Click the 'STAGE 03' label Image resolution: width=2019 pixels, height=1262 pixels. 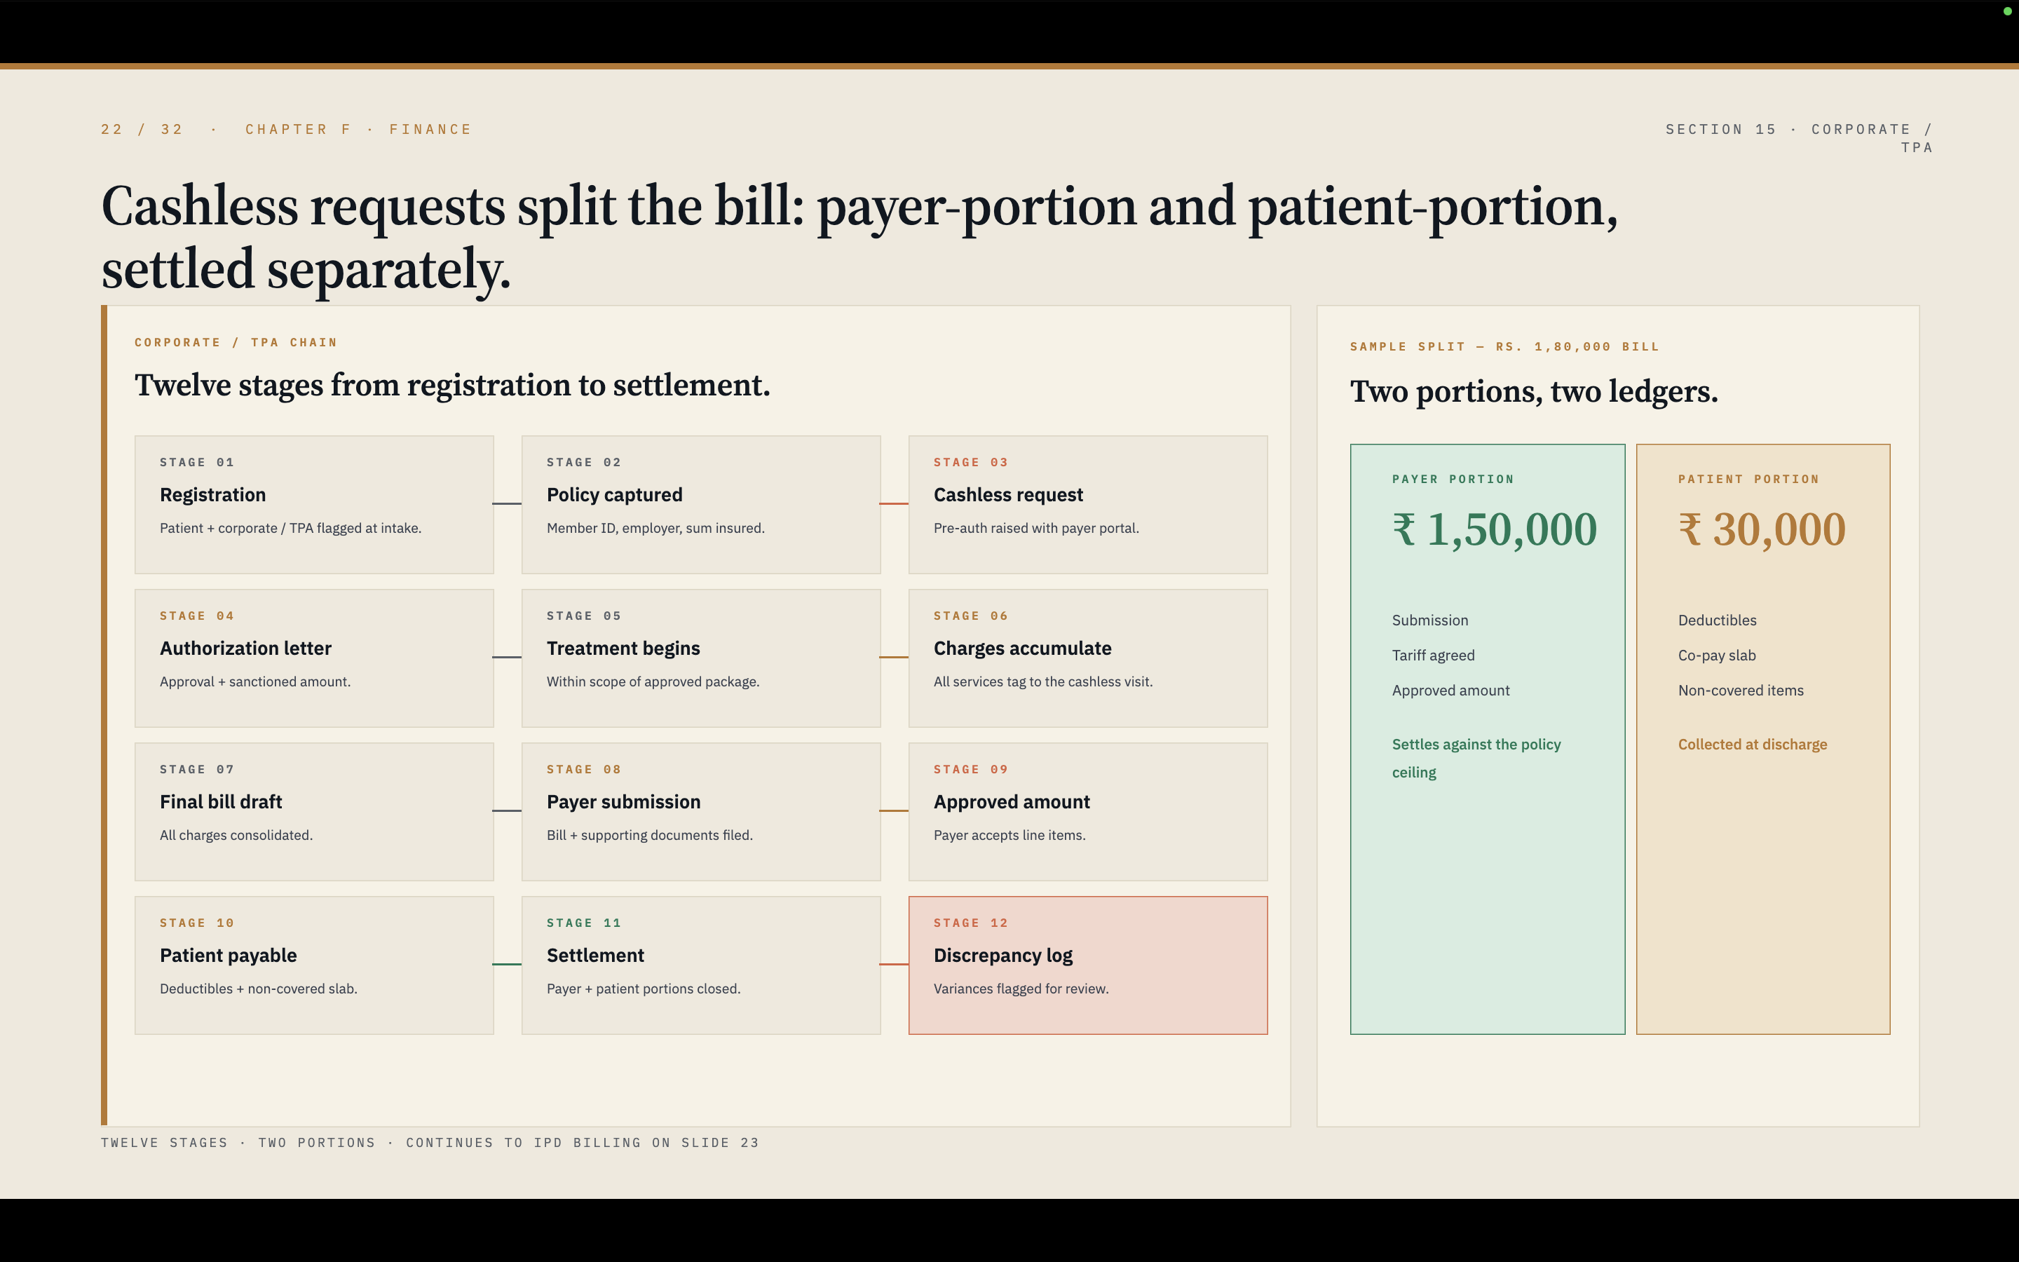[970, 463]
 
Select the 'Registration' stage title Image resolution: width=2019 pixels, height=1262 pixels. [212, 495]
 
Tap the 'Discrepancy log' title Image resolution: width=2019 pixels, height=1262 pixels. [1002, 956]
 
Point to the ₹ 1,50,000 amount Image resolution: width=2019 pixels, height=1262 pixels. [1494, 530]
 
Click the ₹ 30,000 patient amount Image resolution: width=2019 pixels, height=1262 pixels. [1762, 530]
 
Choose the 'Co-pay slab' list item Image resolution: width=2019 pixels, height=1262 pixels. [1717, 656]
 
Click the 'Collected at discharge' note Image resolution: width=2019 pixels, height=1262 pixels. [1752, 745]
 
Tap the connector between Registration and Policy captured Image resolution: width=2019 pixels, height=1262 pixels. [508, 503]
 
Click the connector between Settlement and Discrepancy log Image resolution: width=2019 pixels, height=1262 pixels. [895, 964]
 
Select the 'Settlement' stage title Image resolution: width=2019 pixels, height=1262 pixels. [596, 956]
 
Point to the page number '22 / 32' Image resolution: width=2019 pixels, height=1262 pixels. [142, 130]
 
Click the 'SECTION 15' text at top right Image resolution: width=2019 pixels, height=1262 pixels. [1720, 130]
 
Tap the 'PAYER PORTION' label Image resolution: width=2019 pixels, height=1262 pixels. [1453, 479]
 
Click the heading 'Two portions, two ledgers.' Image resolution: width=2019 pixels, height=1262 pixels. [1533, 391]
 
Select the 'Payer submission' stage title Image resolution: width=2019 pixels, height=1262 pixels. [623, 802]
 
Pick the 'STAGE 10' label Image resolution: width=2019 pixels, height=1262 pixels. [197, 923]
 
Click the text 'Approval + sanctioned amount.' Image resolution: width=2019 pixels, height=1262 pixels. [255, 682]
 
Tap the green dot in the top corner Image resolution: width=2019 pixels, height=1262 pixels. [2007, 11]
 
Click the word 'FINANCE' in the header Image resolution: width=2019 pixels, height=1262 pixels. [430, 130]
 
